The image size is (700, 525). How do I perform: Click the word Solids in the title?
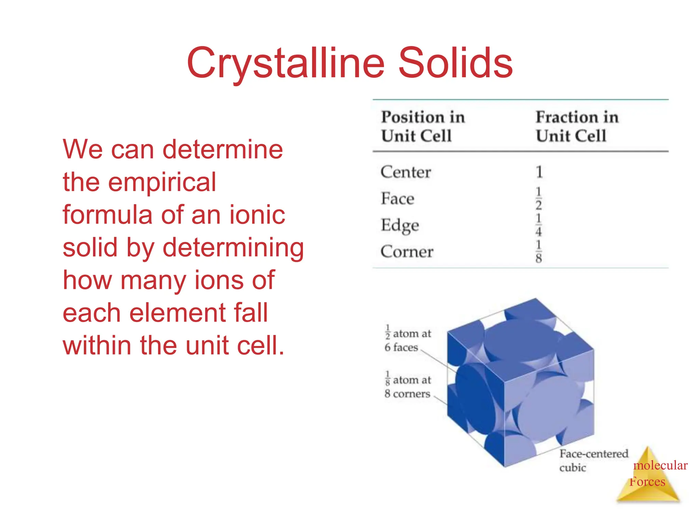(x=455, y=63)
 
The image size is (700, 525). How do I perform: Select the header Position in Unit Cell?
(x=423, y=126)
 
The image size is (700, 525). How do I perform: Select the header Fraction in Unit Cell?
(x=577, y=126)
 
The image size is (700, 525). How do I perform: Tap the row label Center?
(x=406, y=172)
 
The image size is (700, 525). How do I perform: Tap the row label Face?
(x=398, y=199)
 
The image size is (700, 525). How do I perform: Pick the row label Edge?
(x=400, y=225)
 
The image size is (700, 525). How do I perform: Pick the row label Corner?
(x=407, y=252)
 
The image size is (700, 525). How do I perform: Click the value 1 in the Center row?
(x=539, y=172)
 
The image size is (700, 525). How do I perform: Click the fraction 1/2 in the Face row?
(x=539, y=198)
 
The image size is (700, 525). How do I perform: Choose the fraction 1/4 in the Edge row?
(x=539, y=225)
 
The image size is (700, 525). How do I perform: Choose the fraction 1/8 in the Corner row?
(x=539, y=252)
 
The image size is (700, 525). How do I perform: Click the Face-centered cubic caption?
(x=593, y=460)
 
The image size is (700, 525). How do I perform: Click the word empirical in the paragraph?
(x=162, y=183)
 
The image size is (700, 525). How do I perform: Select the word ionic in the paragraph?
(x=257, y=215)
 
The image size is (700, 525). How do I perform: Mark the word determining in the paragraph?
(x=233, y=248)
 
